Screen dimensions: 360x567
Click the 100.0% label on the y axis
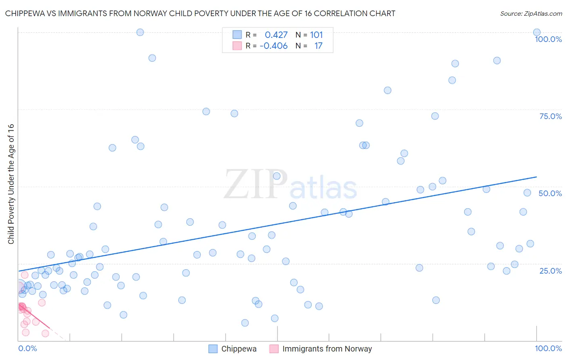(548, 39)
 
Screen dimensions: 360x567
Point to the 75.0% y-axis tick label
(550, 116)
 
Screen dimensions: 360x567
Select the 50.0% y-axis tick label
(550, 193)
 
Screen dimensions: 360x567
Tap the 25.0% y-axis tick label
(550, 271)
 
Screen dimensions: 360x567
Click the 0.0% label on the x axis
(27, 348)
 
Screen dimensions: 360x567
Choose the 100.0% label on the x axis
(548, 348)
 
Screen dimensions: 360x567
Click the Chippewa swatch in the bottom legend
(213, 349)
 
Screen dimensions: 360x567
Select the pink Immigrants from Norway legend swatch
(274, 349)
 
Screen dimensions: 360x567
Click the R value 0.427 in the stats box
(276, 35)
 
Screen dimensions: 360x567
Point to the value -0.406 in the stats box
(273, 46)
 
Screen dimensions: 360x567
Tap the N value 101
(316, 35)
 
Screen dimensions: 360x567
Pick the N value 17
(318, 46)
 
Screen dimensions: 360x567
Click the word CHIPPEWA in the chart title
(25, 13)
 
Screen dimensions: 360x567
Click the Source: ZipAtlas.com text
(531, 14)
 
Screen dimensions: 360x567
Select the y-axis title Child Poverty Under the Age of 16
(11, 184)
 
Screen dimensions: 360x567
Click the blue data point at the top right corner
(537, 32)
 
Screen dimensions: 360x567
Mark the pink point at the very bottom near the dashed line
(45, 333)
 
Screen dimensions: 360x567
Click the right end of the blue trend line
(536, 177)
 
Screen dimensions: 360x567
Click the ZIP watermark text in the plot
(256, 184)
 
